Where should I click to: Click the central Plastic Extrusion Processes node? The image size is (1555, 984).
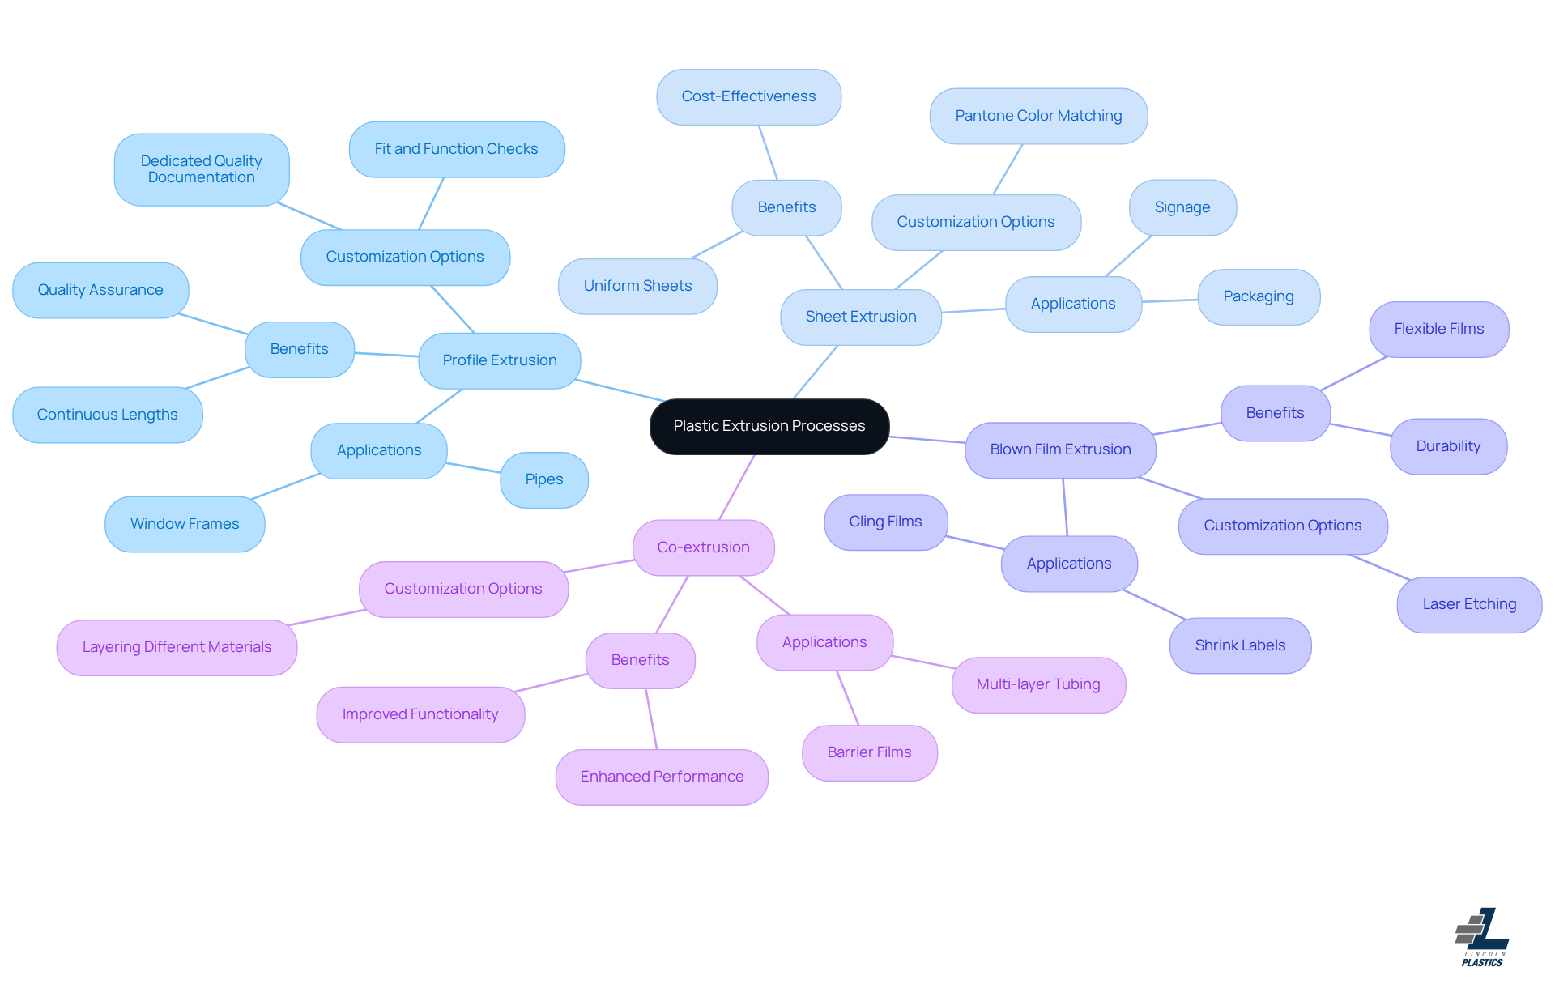769,426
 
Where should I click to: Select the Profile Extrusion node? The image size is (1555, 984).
499,360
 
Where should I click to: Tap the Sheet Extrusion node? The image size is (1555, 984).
860,317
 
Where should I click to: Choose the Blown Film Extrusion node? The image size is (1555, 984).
1060,449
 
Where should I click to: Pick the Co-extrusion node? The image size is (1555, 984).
703,547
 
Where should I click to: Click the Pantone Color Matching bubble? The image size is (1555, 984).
1038,116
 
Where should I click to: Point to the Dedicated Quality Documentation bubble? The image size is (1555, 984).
201,169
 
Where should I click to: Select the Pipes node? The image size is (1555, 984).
543,479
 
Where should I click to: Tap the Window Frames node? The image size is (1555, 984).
185,524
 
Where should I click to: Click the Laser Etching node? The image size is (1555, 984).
1469,604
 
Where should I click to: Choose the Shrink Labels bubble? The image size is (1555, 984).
1240,645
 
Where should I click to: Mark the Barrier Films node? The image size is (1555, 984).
869,752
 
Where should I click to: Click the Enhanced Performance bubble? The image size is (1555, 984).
662,777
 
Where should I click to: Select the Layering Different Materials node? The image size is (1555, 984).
177,647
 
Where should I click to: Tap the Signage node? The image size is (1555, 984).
1182,207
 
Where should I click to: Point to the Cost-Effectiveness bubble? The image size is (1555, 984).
748,96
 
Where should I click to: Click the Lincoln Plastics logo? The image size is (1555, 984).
1482,937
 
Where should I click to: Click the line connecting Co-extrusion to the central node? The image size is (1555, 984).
737,487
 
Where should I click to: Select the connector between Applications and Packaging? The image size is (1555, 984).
1169,300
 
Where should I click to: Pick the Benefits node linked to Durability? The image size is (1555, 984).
1275,413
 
